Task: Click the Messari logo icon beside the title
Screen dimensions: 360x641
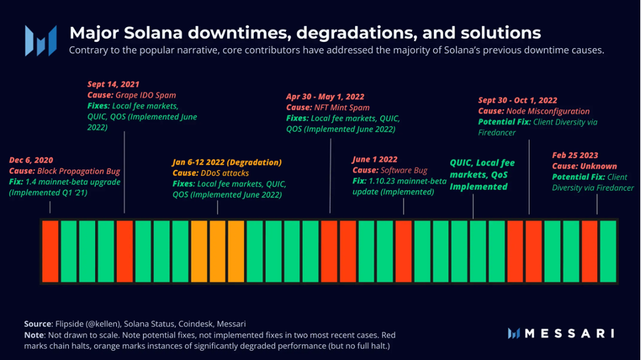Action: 40,40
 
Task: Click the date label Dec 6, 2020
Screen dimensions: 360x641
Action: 31,160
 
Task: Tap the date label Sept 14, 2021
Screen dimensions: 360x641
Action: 113,84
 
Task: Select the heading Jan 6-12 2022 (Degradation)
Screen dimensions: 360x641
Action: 227,162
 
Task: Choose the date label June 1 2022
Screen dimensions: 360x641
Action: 374,160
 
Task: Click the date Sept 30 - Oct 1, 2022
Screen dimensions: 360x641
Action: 518,101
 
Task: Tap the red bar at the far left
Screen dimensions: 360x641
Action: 50,252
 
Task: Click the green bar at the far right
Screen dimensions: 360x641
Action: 608,252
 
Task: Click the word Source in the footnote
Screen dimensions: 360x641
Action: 38,323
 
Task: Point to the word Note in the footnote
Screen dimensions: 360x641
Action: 34,334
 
